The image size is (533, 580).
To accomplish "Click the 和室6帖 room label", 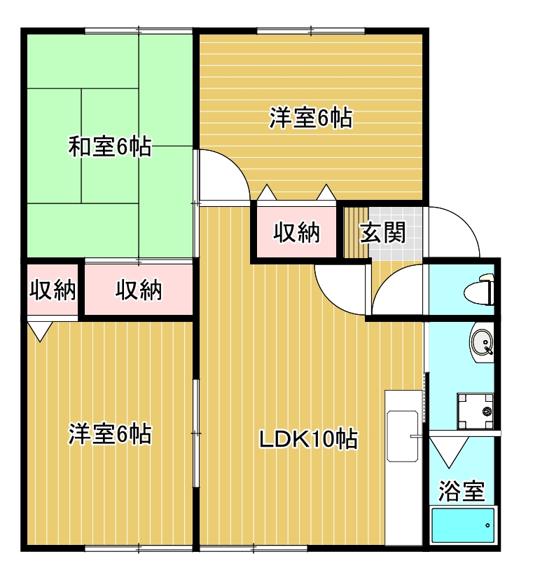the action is coord(110,147).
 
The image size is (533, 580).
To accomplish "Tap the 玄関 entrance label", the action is coord(383,233).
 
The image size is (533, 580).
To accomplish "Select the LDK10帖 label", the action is coord(308,439).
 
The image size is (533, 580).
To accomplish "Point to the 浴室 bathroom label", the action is coord(462,491).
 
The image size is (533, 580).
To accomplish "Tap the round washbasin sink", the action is coord(482,342).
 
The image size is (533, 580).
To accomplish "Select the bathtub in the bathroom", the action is coord(463,525).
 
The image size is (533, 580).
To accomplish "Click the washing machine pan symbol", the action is coord(476,411).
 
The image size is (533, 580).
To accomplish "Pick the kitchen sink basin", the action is coord(402,436).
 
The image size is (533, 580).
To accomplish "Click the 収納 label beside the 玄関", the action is coord(296,233).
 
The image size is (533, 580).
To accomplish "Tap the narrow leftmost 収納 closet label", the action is coord(53,290).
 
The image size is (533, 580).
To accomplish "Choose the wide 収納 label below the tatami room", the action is coord(139,290).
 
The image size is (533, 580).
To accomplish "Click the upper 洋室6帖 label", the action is coord(311,118).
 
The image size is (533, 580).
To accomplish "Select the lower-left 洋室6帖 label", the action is coord(110,433).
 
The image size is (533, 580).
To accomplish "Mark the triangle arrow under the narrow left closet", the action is coord(40,331).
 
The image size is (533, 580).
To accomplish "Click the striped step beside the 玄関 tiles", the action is coord(356,232).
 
